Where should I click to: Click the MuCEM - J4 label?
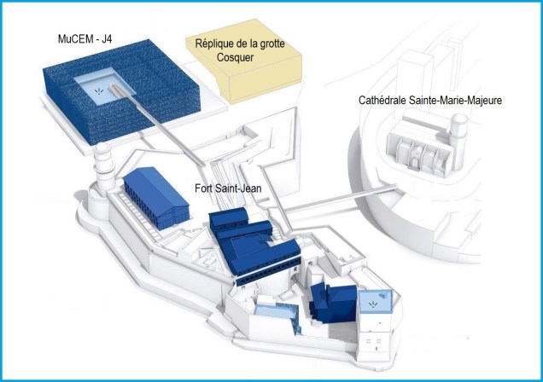pyautogui.click(x=85, y=38)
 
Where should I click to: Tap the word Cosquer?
pyautogui.click(x=235, y=57)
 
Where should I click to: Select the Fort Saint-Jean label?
pyautogui.click(x=228, y=188)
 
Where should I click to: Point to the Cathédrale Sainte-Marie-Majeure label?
pyautogui.click(x=430, y=101)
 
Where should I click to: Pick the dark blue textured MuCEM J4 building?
pyautogui.click(x=121, y=91)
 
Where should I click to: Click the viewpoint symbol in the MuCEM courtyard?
pyautogui.click(x=99, y=91)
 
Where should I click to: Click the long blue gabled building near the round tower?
pyautogui.click(x=156, y=198)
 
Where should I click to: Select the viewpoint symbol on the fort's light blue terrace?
pyautogui.click(x=372, y=304)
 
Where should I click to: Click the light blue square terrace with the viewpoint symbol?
pyautogui.click(x=376, y=302)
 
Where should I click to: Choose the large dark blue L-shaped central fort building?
pyautogui.click(x=254, y=246)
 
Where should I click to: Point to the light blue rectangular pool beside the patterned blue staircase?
pyautogui.click(x=273, y=310)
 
